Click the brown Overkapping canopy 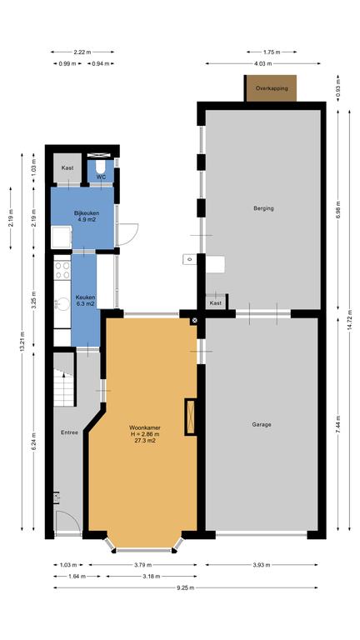coord(272,88)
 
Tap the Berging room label coord(263,208)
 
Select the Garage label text coord(262,424)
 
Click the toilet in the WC coord(100,167)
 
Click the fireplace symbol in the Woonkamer coord(190,417)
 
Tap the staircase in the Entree coord(64,389)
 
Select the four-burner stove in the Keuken coord(62,271)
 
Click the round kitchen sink coord(62,304)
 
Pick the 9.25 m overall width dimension coord(186,587)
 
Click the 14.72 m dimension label coord(350,321)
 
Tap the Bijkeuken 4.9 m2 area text coord(87,220)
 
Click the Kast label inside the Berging coord(216,303)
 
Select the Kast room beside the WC coord(67,168)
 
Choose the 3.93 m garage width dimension coord(262,565)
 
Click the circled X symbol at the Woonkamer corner coord(194,320)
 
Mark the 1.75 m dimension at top coord(272,52)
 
